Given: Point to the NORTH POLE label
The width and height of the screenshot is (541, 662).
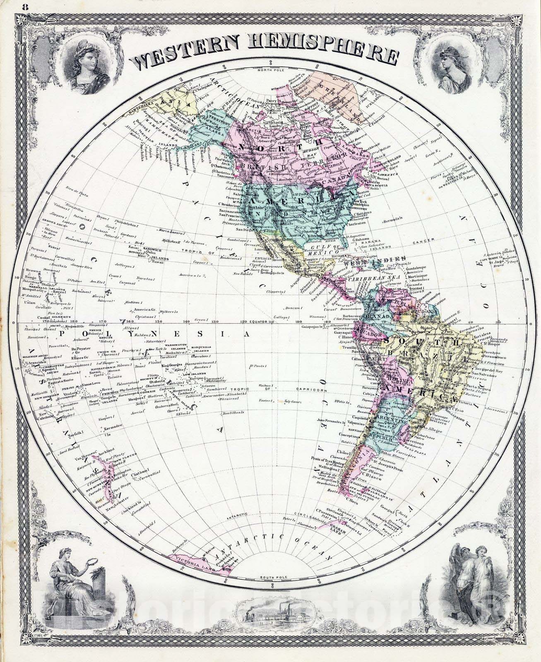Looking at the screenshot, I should click(270, 70).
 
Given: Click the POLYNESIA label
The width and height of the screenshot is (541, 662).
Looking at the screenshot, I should click(153, 334).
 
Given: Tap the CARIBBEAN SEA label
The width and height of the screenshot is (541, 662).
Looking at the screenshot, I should click(369, 279).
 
